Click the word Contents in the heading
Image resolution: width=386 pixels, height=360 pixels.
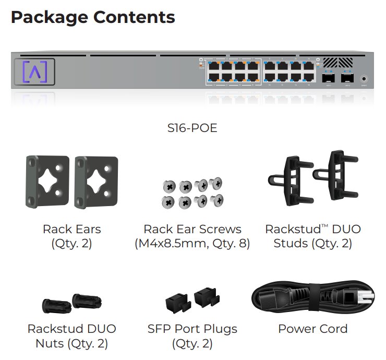click(134, 17)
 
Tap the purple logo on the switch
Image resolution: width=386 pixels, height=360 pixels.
click(35, 71)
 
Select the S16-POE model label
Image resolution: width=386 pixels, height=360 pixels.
click(192, 128)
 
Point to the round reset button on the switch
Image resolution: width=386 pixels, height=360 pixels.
click(364, 79)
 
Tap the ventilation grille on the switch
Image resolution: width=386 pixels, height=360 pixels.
click(337, 62)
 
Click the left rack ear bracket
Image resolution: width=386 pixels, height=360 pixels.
click(47, 182)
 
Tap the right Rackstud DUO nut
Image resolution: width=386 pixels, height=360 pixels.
click(86, 301)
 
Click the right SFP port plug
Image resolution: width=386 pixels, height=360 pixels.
click(204, 297)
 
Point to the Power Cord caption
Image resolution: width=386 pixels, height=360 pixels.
click(312, 329)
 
